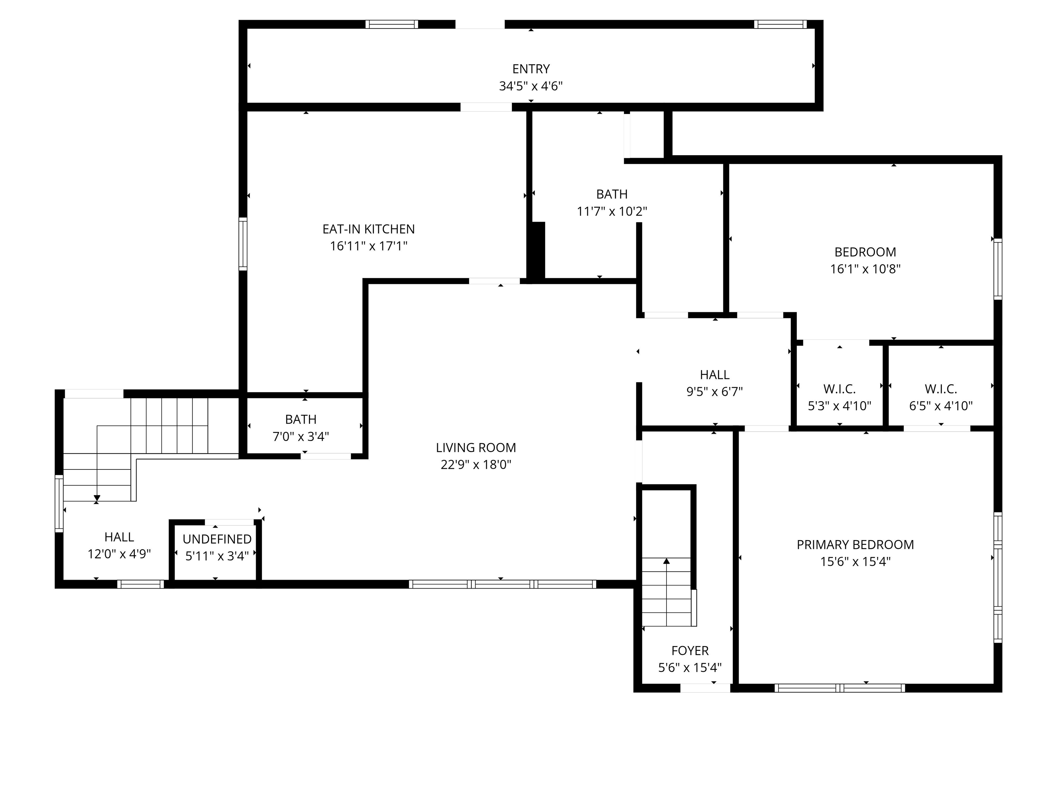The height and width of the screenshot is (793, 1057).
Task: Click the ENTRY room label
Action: point(531,69)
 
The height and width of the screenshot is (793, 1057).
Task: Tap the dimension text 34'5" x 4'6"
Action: point(531,86)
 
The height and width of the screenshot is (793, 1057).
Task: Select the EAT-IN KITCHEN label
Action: point(369,229)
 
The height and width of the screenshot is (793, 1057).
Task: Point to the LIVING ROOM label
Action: point(476,448)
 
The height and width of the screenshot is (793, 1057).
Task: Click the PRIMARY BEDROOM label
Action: point(855,544)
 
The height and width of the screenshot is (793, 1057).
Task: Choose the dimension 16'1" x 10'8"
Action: point(865,269)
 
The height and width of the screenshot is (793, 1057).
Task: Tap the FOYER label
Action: point(690,651)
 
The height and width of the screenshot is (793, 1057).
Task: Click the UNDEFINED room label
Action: point(217,539)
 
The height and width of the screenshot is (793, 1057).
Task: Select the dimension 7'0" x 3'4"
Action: point(301,436)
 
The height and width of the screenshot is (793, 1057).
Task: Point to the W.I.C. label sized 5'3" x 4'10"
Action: point(839,389)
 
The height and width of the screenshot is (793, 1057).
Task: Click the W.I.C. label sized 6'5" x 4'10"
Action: point(940,389)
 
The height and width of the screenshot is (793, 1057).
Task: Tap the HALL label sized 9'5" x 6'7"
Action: point(714,375)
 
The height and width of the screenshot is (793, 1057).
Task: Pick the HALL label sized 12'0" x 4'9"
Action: point(119,537)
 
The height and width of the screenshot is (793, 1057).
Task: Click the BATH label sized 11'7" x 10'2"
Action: point(612,194)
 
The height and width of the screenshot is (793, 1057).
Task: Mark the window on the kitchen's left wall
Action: point(243,244)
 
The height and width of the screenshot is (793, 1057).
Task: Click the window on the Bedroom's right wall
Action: point(998,269)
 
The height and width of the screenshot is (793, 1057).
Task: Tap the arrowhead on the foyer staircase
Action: point(666,561)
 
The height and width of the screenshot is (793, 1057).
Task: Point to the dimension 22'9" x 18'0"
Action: point(476,465)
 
